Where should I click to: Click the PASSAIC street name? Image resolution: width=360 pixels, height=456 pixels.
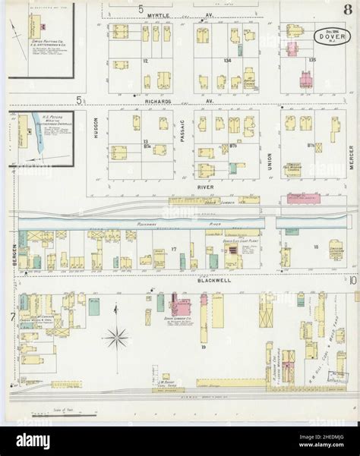click(183, 137)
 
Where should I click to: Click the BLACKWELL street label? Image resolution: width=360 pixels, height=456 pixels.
click(215, 280)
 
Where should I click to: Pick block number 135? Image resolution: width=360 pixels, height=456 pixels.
click(312, 59)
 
